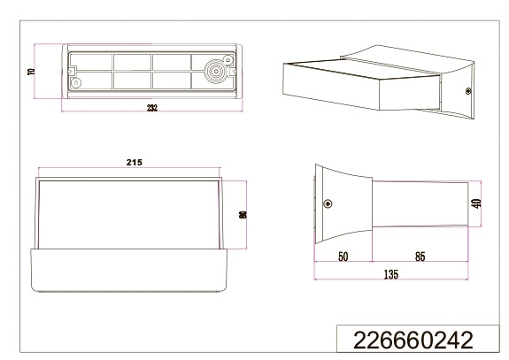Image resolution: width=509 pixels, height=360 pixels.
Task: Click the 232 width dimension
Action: [x=152, y=108]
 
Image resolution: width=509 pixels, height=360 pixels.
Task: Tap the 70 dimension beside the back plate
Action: [x=32, y=72]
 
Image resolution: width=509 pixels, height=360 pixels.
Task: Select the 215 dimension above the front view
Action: [x=135, y=162]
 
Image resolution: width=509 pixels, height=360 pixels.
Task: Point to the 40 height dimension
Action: [x=477, y=203]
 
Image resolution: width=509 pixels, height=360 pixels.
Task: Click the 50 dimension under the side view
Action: [x=343, y=257]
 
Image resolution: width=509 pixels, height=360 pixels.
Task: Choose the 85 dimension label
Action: [x=420, y=257]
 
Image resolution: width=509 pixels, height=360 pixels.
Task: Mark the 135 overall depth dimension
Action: [x=391, y=274]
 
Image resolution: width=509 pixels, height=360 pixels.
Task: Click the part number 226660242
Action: [x=413, y=341]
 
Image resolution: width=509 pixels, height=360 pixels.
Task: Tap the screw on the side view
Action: [x=328, y=203]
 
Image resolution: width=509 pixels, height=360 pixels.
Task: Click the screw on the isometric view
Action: [x=468, y=91]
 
